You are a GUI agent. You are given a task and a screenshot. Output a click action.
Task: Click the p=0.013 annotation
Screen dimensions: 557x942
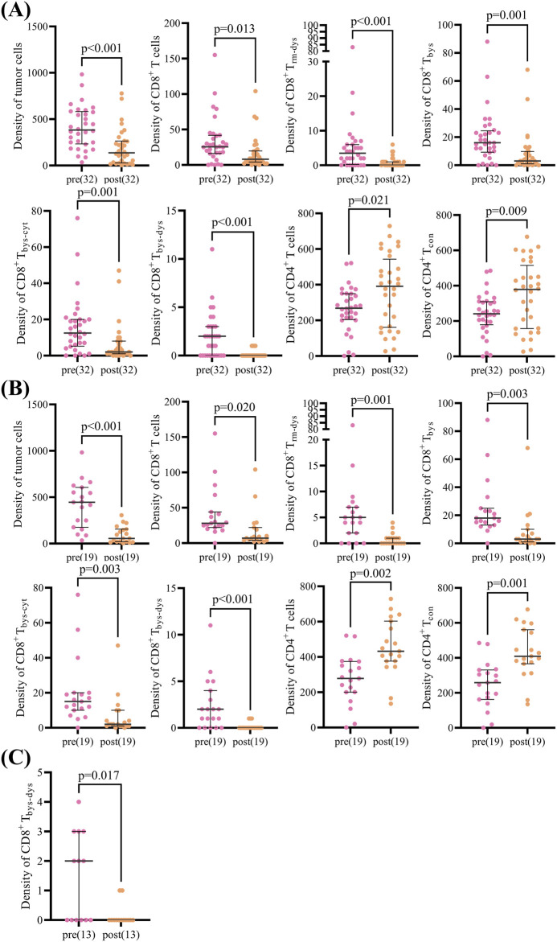[235, 30]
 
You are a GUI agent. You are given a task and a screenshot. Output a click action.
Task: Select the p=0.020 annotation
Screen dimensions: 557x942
[235, 408]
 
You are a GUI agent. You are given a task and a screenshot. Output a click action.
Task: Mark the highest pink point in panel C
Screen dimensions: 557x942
[79, 802]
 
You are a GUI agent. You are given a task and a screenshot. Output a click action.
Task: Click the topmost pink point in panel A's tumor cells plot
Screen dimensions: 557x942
[82, 75]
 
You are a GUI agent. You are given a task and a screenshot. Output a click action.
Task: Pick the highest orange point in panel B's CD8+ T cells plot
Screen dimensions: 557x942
[255, 470]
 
